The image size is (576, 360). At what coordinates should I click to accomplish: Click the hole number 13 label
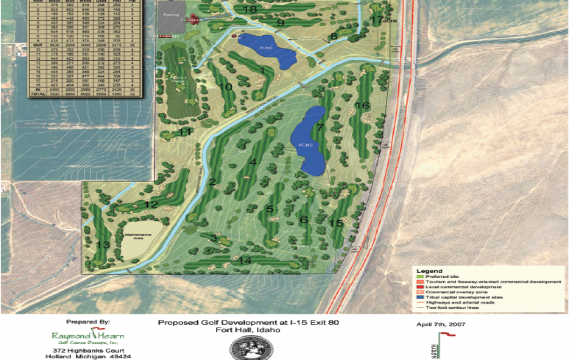(102, 245)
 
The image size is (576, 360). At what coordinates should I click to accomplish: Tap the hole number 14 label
(245, 260)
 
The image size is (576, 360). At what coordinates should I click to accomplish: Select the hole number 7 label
(320, 127)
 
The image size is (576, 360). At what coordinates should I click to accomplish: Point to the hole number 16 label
(362, 106)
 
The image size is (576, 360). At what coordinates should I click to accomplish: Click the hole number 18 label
(249, 9)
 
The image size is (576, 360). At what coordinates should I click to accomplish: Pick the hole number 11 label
(185, 132)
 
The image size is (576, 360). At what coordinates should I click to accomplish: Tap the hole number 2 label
(212, 182)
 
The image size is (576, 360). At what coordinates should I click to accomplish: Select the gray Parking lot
(171, 15)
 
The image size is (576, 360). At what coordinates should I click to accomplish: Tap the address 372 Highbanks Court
(89, 350)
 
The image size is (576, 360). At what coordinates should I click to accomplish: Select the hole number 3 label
(213, 238)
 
